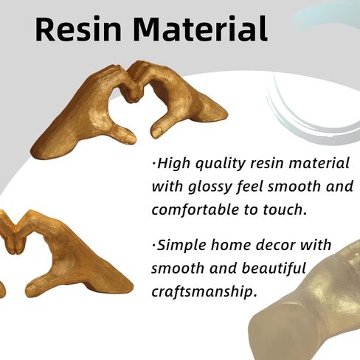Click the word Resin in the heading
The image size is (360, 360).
[78, 29]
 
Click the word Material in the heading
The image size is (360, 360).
[200, 29]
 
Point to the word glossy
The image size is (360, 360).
[210, 187]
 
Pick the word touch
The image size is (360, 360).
[285, 210]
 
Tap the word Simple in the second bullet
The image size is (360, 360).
[181, 245]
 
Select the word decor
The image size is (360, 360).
[271, 245]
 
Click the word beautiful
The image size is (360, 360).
[274, 269]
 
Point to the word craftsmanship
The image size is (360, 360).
[204, 292]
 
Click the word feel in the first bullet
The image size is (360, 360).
[249, 187]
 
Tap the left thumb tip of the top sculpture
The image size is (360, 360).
[132, 139]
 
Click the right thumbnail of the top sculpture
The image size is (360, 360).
[156, 131]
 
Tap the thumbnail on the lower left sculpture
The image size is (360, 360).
[32, 285]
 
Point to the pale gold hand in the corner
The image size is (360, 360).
[308, 308]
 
